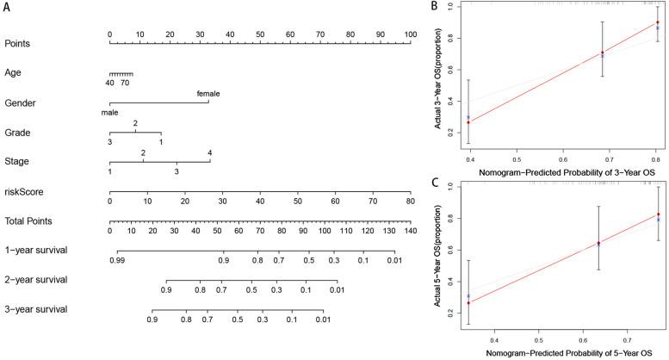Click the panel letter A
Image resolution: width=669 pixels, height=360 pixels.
8,8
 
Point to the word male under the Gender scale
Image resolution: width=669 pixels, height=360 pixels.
109,111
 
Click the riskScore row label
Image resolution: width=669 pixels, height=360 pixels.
23,191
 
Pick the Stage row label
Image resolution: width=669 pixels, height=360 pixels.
16,162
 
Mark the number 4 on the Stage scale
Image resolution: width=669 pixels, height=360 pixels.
209,152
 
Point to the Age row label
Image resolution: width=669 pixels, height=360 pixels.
13,72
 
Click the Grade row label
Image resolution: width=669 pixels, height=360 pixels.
17,133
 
